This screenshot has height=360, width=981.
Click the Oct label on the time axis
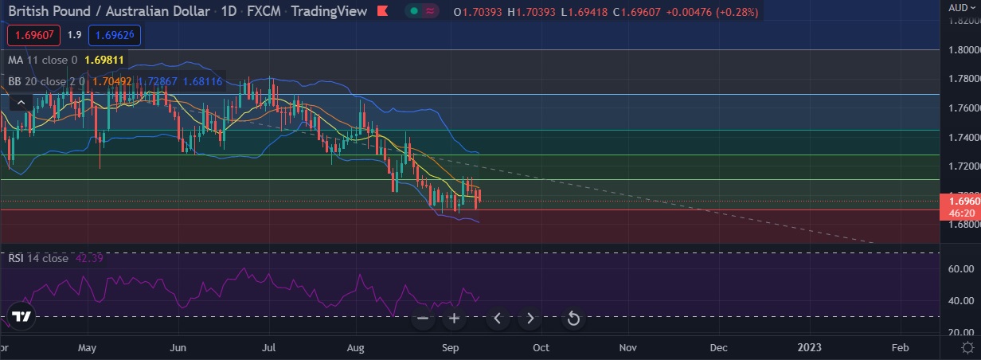[x=541, y=348]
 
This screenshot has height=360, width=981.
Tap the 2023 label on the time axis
[x=810, y=348]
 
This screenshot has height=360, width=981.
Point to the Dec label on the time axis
[x=718, y=348]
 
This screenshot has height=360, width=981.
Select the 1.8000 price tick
[x=963, y=50]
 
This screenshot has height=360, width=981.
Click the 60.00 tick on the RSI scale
[x=961, y=269]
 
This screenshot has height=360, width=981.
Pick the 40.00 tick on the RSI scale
[x=961, y=301]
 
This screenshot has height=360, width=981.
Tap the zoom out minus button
[x=423, y=319]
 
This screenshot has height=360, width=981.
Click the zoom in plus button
[x=455, y=319]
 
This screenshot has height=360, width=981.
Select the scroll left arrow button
[x=498, y=319]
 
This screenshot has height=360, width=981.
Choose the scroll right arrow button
[x=530, y=319]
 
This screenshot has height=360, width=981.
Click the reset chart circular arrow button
[x=573, y=319]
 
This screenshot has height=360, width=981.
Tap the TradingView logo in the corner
[x=22, y=316]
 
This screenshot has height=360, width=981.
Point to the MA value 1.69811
[x=104, y=60]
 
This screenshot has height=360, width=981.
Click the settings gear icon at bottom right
[x=967, y=347]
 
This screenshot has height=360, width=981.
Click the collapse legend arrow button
[x=21, y=101]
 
